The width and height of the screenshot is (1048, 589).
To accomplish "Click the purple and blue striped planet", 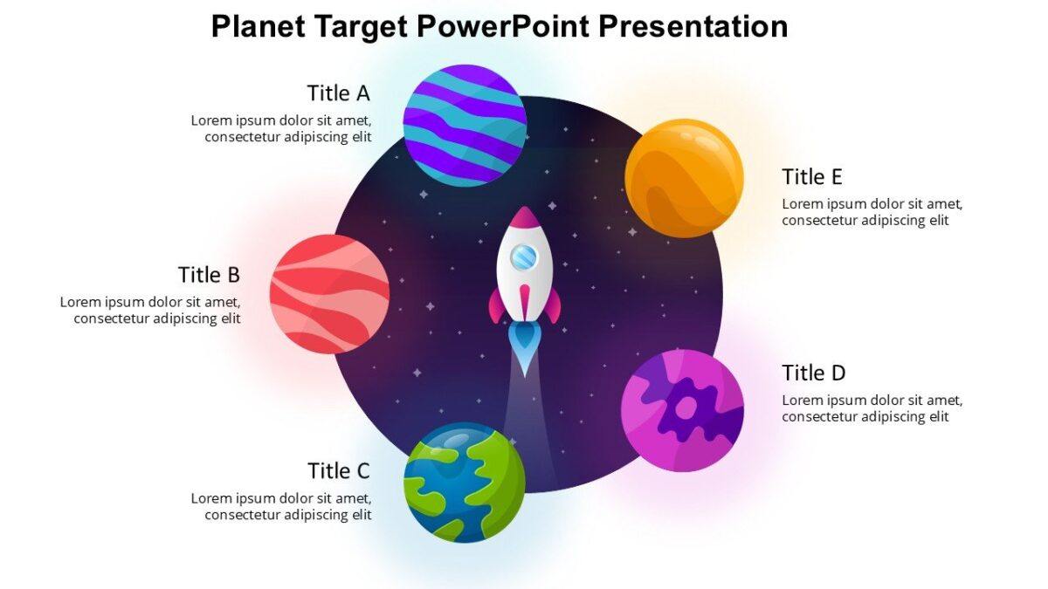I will [465, 125].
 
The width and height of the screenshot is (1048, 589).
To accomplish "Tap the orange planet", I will [684, 178].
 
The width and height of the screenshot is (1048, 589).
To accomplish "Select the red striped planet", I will [329, 294].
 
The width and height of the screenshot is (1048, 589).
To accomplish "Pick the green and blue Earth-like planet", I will [464, 483].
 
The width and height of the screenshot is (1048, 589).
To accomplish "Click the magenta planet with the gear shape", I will [682, 411].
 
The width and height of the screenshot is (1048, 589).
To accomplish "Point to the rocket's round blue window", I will [523, 257].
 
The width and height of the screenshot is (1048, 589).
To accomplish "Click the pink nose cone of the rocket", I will [524, 219].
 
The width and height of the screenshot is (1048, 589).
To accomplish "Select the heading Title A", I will [338, 93].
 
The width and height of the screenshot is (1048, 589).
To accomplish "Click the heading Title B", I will [209, 275].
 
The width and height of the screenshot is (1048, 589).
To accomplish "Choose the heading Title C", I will [338, 471].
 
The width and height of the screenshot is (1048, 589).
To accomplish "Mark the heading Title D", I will [813, 373].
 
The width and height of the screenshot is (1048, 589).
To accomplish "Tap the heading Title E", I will [811, 177].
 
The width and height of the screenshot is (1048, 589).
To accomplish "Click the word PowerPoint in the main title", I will [503, 26].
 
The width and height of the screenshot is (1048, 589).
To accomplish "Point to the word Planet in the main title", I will [259, 26].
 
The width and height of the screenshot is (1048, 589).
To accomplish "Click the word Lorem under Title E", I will [802, 204].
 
